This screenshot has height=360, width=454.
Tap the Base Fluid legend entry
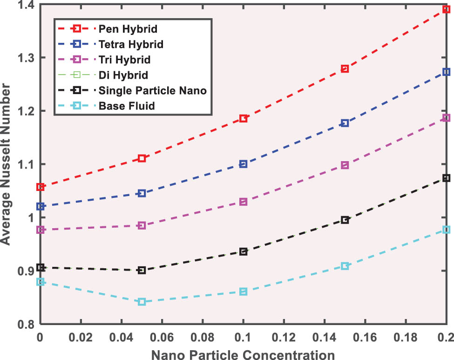126,106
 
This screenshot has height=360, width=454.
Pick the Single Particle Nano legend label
152,90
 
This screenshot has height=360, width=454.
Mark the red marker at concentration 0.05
142,158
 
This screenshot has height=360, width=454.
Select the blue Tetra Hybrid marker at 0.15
345,123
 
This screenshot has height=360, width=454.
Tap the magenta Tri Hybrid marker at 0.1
243,202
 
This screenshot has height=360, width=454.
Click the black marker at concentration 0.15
345,220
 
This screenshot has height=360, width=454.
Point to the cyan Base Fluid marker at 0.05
142,302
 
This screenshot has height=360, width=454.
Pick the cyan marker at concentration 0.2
446,230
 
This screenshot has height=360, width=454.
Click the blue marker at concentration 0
41,206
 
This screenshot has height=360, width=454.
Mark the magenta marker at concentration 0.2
446,118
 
